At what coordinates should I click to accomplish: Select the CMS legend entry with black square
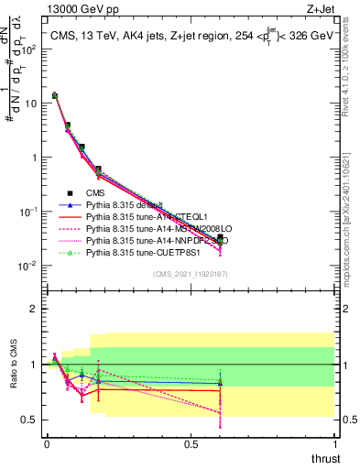pyautogui.click(x=96, y=193)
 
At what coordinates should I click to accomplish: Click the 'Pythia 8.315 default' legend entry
pyautogui.click(x=124, y=205)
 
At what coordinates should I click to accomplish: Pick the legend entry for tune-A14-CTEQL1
pyautogui.click(x=138, y=216)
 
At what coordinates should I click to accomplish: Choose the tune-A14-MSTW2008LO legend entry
pyautogui.click(x=147, y=228)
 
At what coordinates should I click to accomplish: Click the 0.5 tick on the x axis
pyautogui.click(x=191, y=442)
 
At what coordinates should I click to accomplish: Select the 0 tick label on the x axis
pyautogui.click(x=47, y=442)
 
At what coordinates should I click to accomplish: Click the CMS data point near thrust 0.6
pyautogui.click(x=219, y=238)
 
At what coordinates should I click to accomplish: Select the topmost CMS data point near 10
pyautogui.click(x=54, y=95)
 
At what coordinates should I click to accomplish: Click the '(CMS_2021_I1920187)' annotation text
pyautogui.click(x=191, y=274)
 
